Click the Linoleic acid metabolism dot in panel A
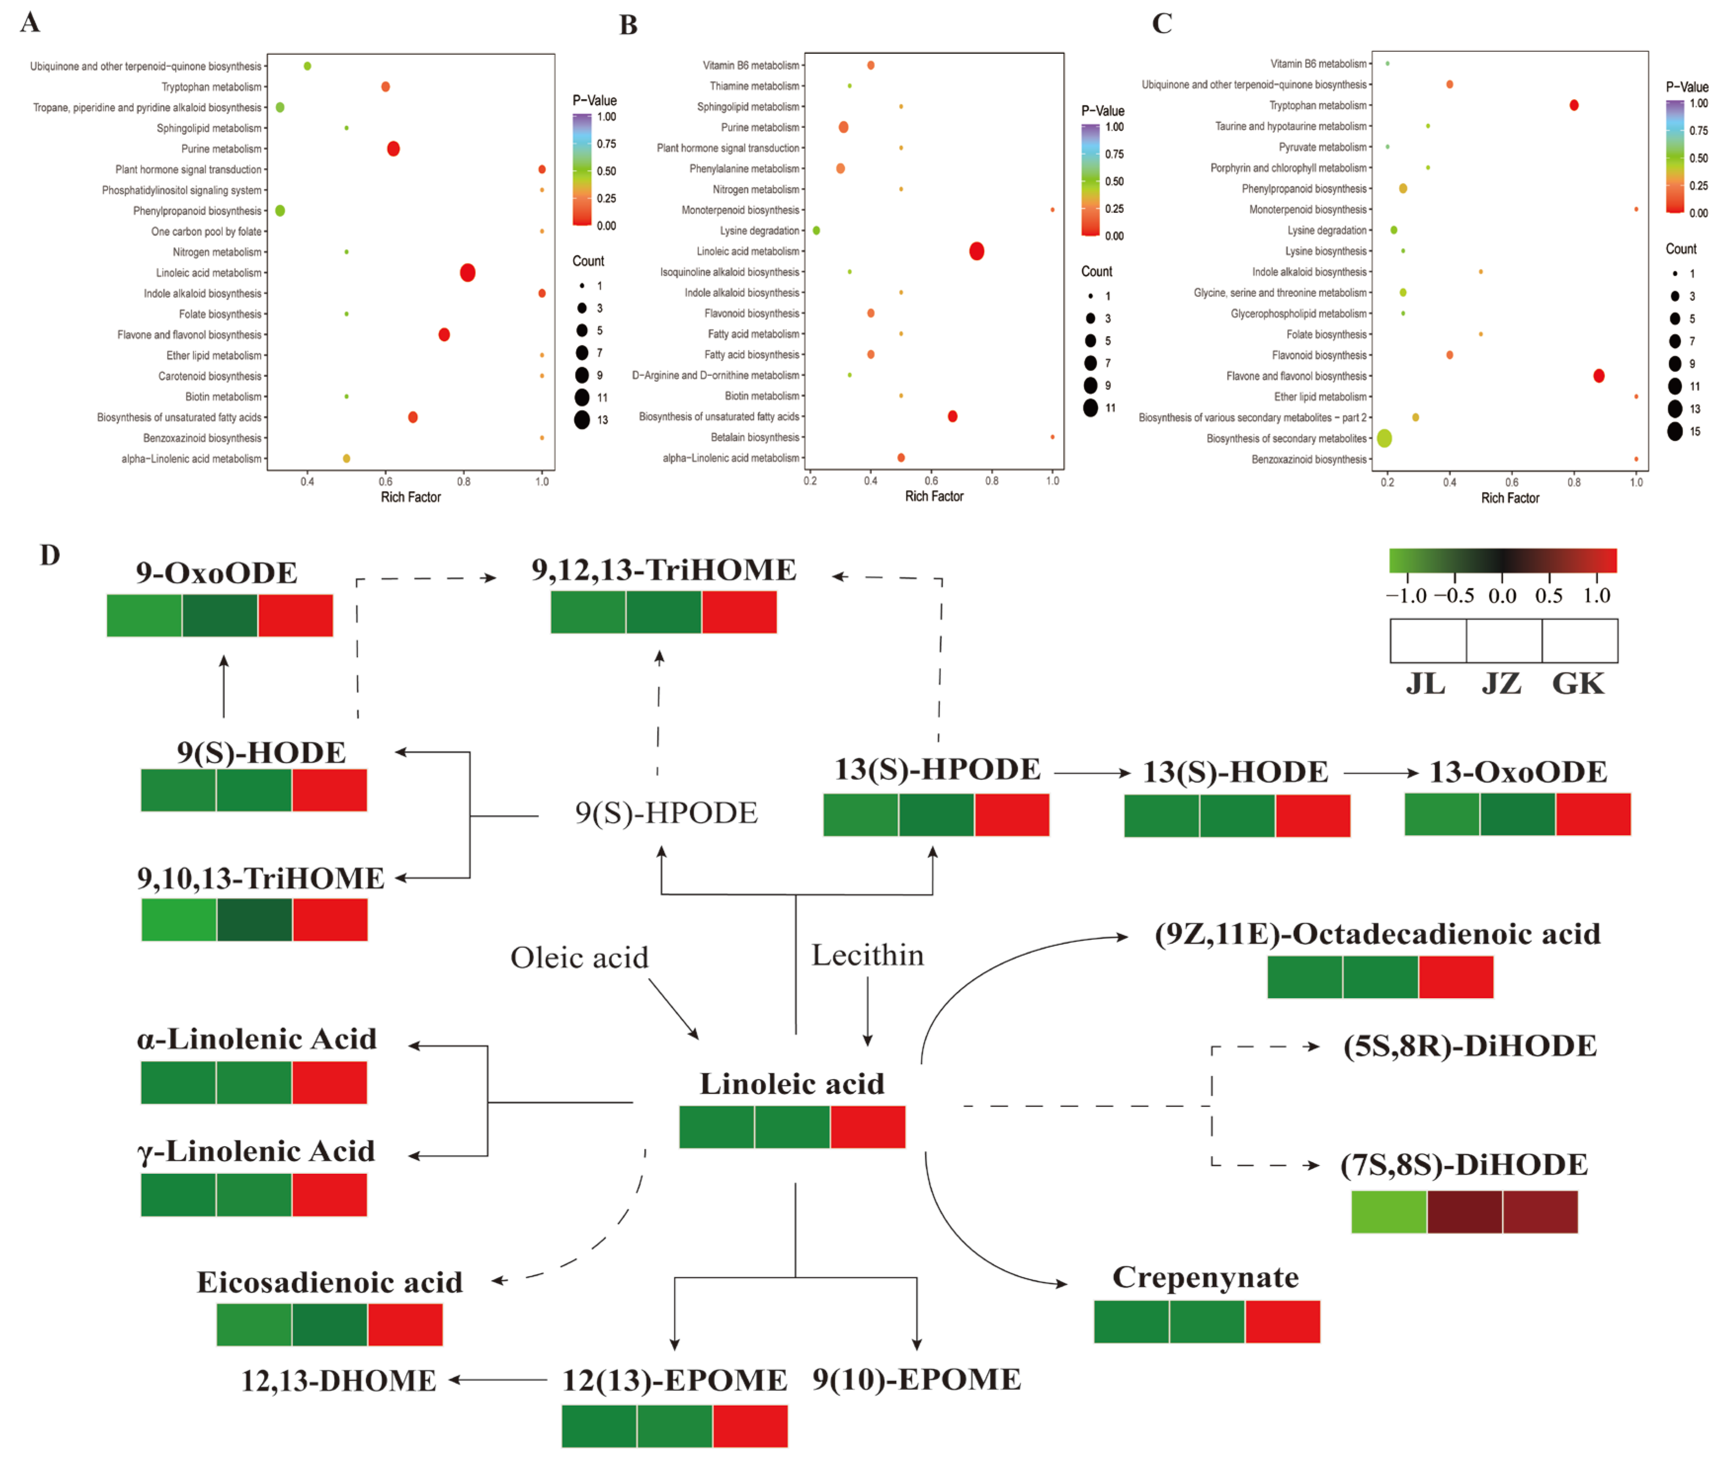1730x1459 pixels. pyautogui.click(x=467, y=273)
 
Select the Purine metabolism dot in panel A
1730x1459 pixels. pyautogui.click(x=394, y=149)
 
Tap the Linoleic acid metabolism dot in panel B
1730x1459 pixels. pyautogui.click(x=977, y=251)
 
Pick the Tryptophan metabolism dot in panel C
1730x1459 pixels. pyautogui.click(x=1574, y=105)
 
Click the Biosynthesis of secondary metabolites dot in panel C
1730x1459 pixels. pyautogui.click(x=1384, y=438)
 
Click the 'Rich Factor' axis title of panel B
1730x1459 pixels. pyautogui.click(x=935, y=496)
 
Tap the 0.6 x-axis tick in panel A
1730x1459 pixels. pyautogui.click(x=385, y=481)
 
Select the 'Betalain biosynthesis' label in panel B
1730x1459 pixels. pyautogui.click(x=755, y=438)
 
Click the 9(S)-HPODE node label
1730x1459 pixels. pyautogui.click(x=666, y=813)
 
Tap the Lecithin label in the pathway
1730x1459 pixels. pyautogui.click(x=867, y=956)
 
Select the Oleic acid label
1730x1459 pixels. pyautogui.click(x=579, y=958)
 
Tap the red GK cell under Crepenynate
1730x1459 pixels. pyautogui.click(x=1282, y=1322)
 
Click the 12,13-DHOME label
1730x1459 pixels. pyautogui.click(x=338, y=1380)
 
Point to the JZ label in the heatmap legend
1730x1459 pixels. pyautogui.click(x=1501, y=684)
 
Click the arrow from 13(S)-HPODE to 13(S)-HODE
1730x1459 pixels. pyautogui.click(x=1092, y=773)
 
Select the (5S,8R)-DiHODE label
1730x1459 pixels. pyautogui.click(x=1470, y=1046)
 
